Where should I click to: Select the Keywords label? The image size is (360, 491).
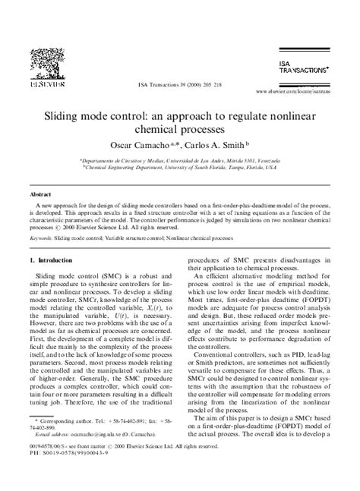point(43,238)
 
